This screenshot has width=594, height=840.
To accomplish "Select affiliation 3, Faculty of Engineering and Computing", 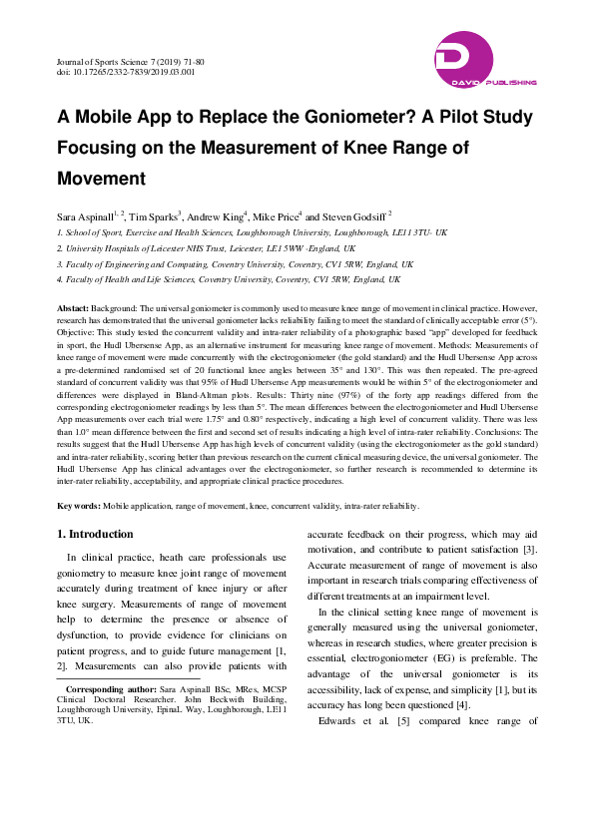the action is [x=225, y=264].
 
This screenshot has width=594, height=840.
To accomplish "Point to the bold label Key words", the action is [x=77, y=507].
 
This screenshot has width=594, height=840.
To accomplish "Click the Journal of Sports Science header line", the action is [x=135, y=62].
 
